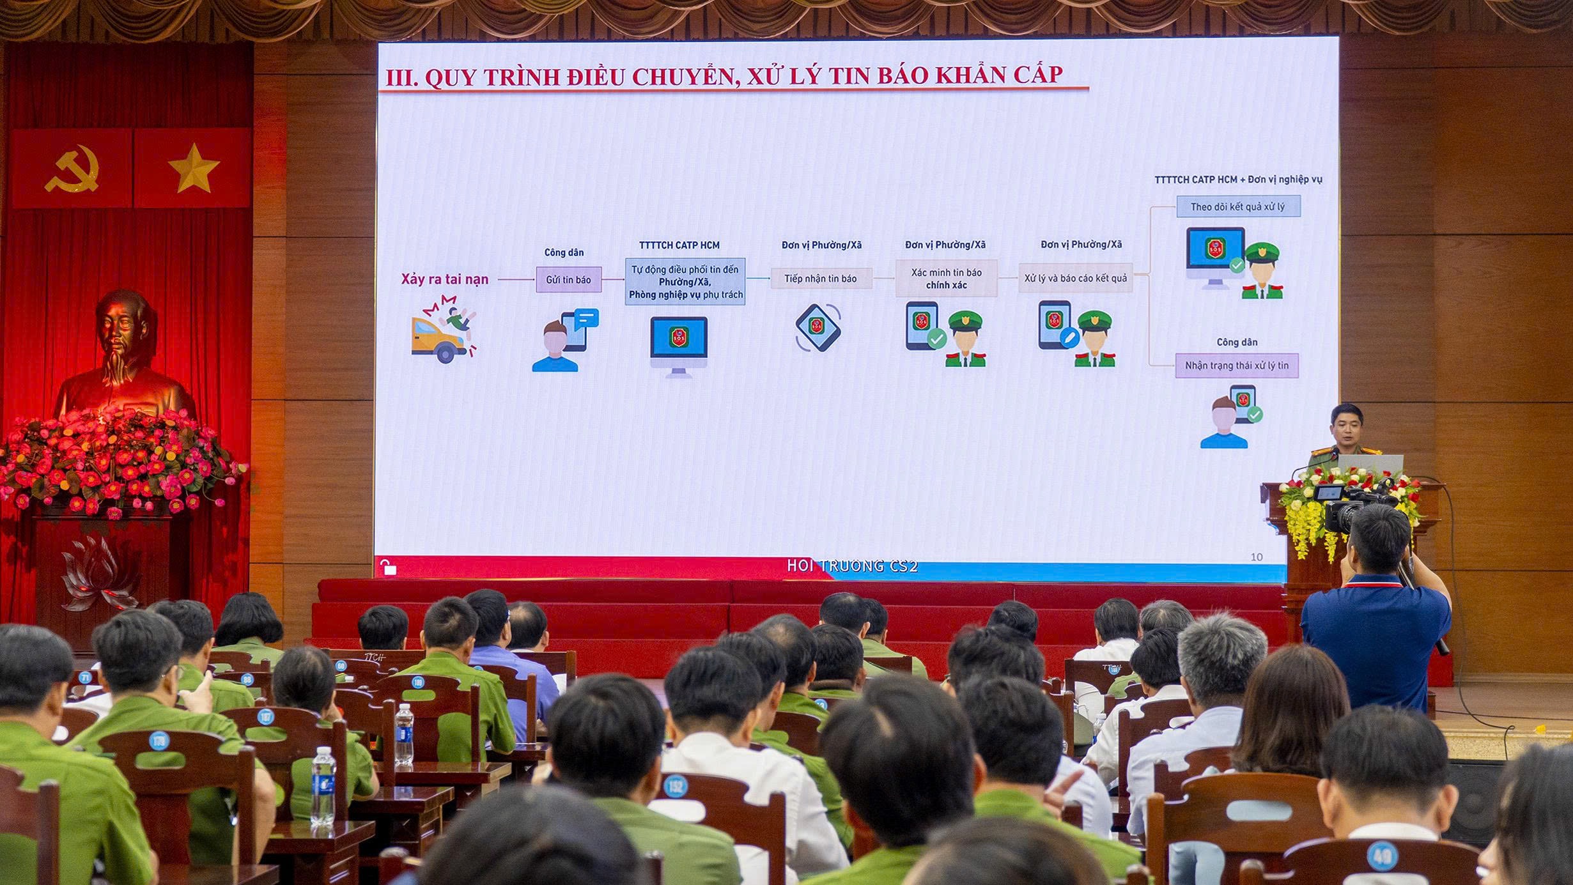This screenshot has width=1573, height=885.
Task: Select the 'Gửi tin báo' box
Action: click(568, 280)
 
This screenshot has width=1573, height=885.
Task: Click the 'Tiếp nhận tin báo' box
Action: click(821, 279)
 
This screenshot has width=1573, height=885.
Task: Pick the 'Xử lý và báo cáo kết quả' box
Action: click(1075, 278)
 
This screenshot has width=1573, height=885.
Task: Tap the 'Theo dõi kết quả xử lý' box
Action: click(1237, 206)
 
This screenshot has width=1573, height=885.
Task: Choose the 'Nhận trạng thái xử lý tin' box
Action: click(1236, 366)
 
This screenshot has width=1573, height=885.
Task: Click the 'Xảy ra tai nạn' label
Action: click(444, 279)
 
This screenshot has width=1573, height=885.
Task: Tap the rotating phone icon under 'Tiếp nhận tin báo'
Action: click(818, 327)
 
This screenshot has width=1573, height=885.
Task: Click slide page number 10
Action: click(1256, 557)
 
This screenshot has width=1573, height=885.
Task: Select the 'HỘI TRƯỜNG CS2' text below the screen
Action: click(852, 566)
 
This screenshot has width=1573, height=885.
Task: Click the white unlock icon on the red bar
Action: click(388, 567)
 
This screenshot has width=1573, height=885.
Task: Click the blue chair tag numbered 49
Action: click(1382, 856)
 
